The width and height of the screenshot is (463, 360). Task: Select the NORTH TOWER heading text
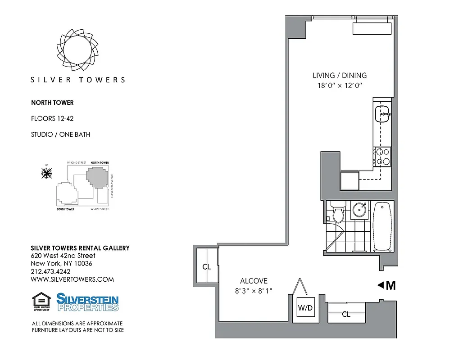(x=52, y=103)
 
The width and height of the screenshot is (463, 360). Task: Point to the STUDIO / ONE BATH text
(x=60, y=134)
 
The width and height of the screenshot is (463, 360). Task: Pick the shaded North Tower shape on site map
(x=97, y=177)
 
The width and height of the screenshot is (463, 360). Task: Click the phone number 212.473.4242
(x=50, y=271)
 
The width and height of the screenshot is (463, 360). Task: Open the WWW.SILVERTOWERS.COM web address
(x=72, y=279)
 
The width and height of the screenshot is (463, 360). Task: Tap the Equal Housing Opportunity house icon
(x=41, y=301)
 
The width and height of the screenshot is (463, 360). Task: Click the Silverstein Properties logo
(x=87, y=302)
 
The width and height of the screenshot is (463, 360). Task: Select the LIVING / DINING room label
(x=340, y=76)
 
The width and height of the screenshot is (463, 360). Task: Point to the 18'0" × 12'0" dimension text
(x=340, y=85)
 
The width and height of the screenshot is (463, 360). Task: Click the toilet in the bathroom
(x=338, y=213)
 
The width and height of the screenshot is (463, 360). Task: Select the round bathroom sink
(x=359, y=210)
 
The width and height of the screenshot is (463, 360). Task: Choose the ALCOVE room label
(x=254, y=280)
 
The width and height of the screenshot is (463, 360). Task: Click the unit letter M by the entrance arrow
(x=390, y=285)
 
